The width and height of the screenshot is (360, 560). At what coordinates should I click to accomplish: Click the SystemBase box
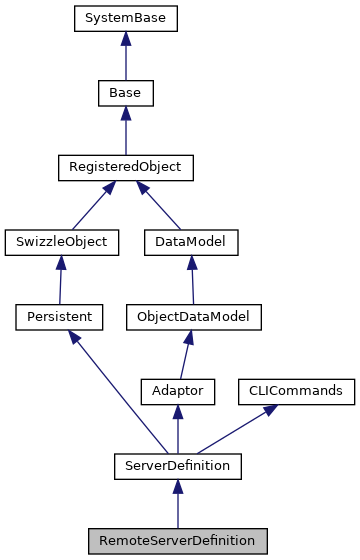coord(124,18)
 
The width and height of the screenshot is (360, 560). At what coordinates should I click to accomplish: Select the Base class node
coord(124,93)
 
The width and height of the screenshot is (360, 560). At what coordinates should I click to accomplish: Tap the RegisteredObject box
coord(124,167)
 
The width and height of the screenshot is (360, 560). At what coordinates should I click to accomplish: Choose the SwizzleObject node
coord(62,241)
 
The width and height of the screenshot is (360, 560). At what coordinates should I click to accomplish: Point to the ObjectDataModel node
coord(193,316)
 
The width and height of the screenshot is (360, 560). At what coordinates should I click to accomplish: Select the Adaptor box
coord(178,391)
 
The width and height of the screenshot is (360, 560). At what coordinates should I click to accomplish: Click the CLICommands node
coord(295,391)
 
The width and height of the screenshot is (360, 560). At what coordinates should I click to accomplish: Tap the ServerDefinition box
coord(178,465)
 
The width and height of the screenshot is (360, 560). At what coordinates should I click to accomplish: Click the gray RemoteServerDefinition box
coord(178,540)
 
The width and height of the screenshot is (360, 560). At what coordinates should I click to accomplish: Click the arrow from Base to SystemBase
coord(124,56)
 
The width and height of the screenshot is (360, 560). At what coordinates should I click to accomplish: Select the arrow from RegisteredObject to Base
coord(124,130)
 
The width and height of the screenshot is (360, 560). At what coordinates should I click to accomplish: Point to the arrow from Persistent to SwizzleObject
coord(60,279)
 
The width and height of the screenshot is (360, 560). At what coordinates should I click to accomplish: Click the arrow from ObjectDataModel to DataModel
coord(188,279)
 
